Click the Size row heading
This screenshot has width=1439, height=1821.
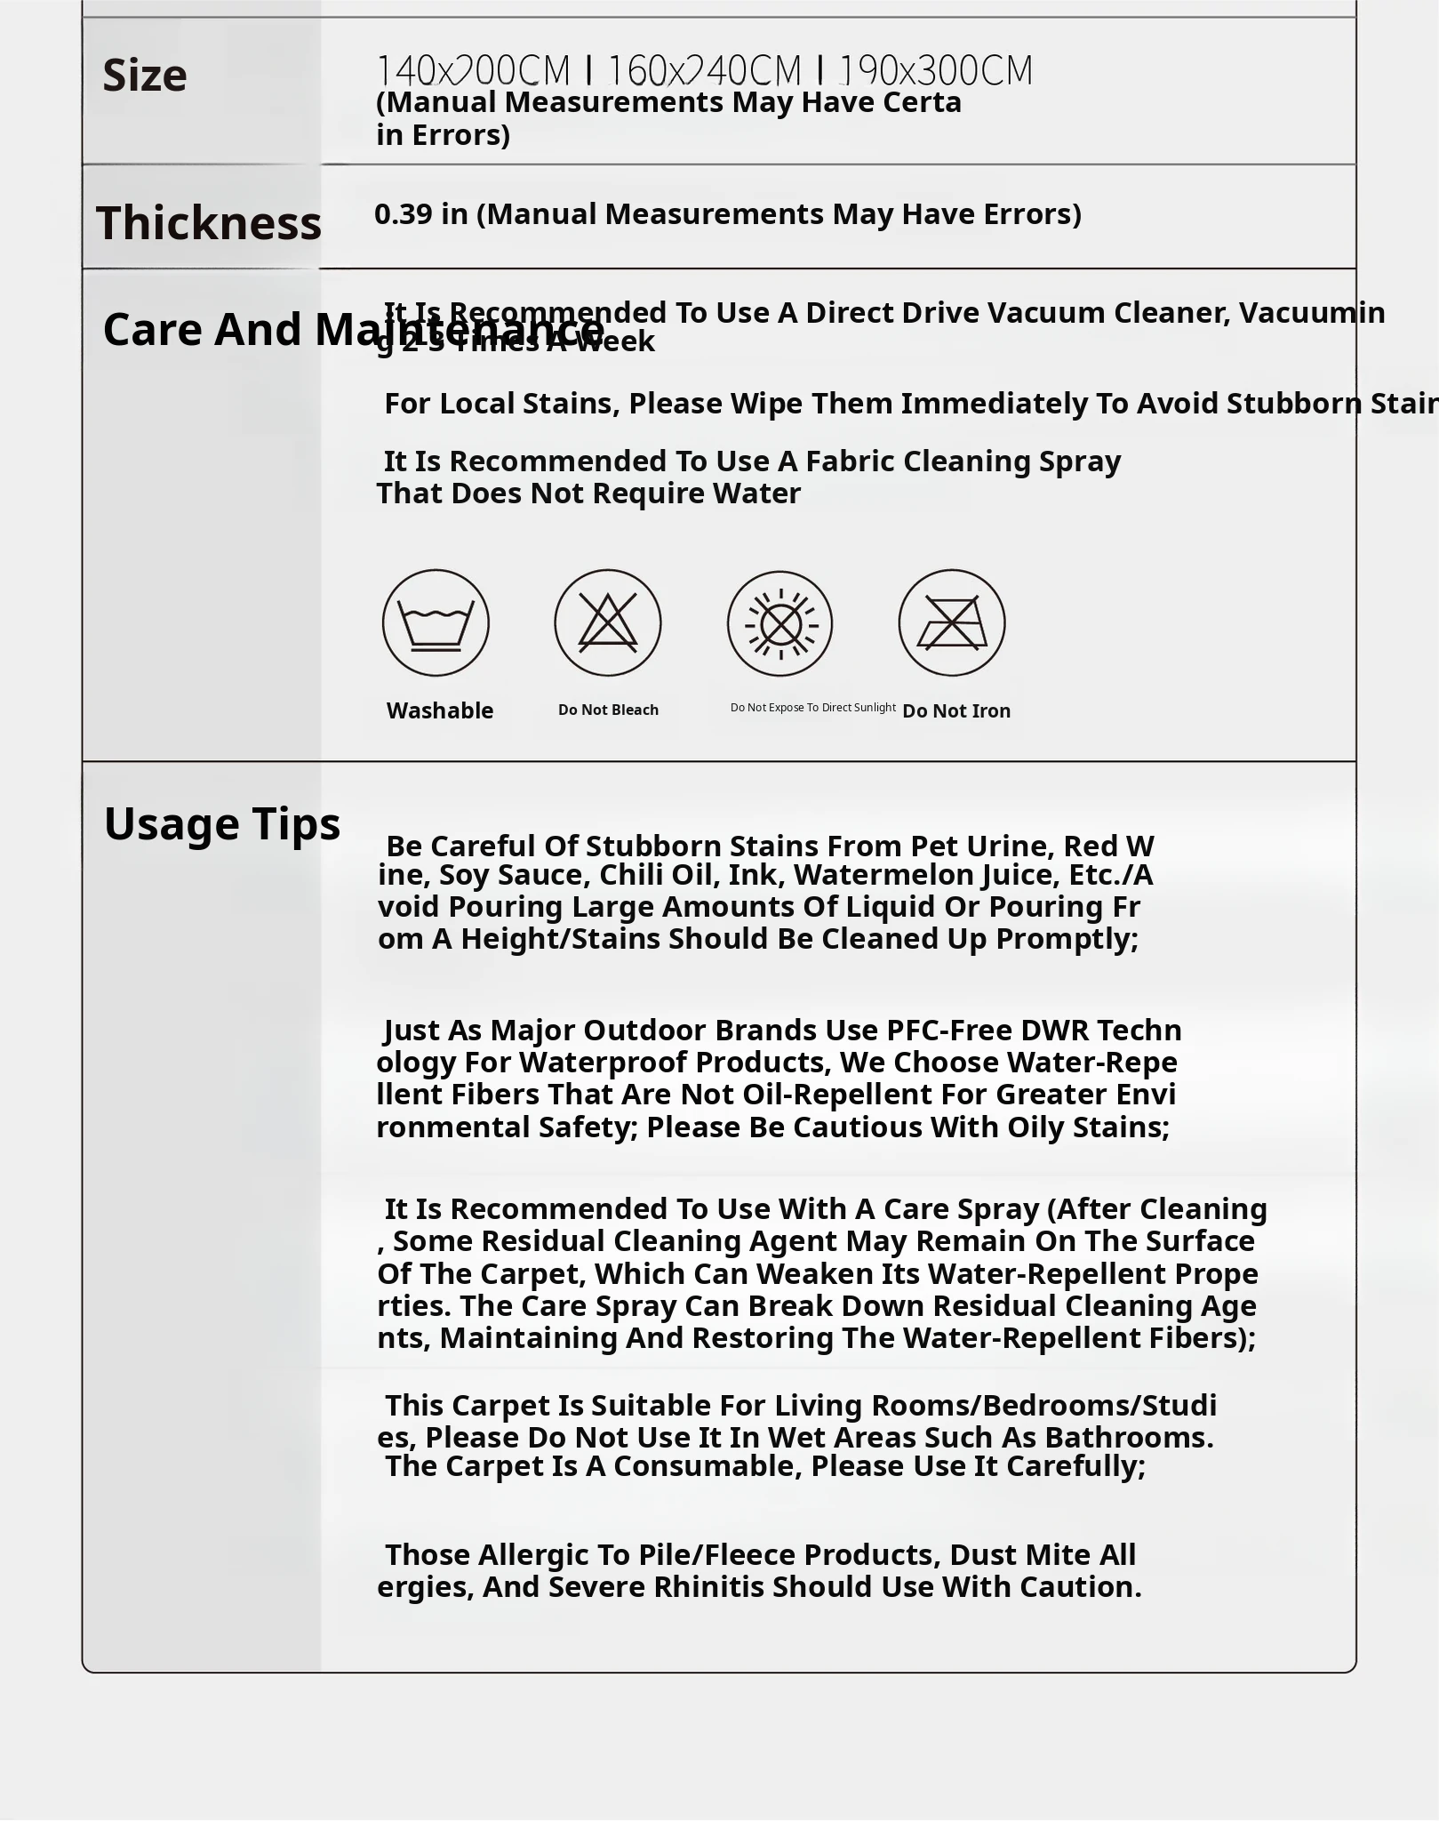[145, 76]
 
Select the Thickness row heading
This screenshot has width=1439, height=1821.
[209, 222]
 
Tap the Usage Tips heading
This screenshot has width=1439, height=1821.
[222, 823]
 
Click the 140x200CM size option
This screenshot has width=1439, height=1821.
[473, 70]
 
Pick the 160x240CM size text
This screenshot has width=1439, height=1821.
[704, 70]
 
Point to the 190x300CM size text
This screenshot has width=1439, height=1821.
[936, 70]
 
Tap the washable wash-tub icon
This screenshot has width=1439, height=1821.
[436, 622]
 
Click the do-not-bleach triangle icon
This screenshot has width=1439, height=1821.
[608, 622]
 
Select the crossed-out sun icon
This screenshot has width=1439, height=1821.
[779, 622]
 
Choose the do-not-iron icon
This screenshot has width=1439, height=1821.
[952, 622]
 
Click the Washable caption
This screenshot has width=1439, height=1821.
[440, 710]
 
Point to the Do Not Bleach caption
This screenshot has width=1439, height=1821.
[608, 710]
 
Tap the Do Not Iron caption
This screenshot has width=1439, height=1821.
[956, 710]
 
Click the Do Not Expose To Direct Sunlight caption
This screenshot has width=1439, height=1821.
[812, 708]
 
